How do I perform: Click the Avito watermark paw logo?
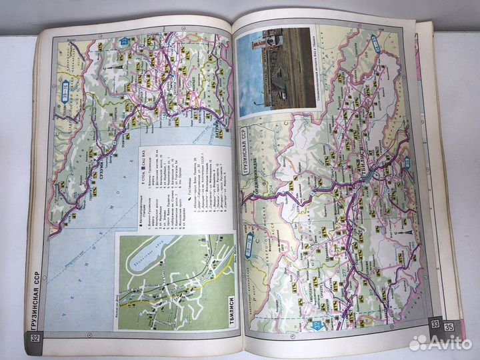(417, 343)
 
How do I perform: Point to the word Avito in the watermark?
(447, 343)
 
